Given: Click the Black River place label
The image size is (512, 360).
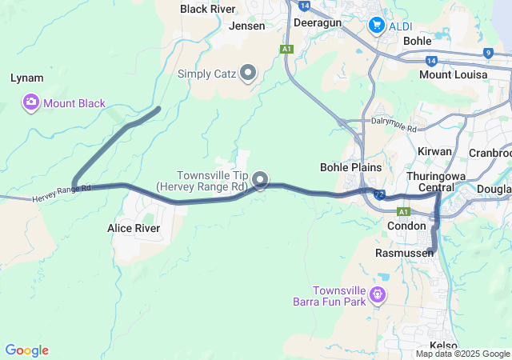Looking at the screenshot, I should pos(207,9).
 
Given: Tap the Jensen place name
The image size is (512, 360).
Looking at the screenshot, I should pos(246,26).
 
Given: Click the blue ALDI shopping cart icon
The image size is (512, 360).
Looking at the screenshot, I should pos(376,26).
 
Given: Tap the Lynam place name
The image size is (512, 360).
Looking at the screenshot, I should pos(26,78).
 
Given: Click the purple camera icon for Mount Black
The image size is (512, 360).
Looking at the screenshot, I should pos(31,102).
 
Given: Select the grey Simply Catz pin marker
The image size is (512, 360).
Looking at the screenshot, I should pos(248,74).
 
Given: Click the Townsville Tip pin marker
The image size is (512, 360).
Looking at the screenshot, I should pos(260,180).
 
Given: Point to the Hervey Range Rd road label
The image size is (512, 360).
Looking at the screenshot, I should pos(62,193).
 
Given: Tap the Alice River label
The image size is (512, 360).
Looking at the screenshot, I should pos(134,228).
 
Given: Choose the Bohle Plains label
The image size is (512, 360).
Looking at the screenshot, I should pos(350,167).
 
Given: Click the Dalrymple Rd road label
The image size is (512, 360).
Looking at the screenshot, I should pos(394,126).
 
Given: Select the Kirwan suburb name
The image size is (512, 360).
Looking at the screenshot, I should pos(434,151).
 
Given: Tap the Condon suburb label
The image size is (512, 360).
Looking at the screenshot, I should pos(406,226).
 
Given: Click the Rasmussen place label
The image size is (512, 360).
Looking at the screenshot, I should pos(404,253).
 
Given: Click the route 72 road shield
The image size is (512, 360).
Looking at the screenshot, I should pos(378,194).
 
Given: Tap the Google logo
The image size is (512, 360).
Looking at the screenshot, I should pos(26,350).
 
